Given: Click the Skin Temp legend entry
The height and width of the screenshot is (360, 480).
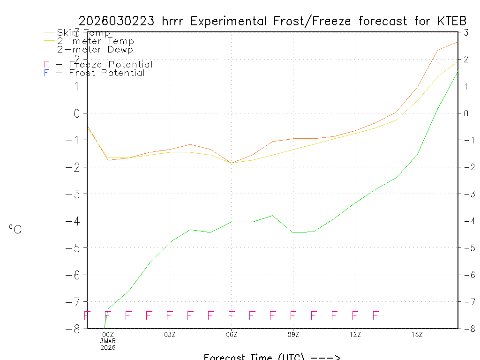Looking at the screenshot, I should [83, 33].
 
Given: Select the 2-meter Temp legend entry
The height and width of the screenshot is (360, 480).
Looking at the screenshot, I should [95, 41].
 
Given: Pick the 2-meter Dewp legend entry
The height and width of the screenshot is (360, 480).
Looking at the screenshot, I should [95, 50].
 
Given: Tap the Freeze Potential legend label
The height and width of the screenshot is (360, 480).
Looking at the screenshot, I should [111, 65].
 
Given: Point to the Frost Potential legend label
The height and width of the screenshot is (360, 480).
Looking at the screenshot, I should [107, 73].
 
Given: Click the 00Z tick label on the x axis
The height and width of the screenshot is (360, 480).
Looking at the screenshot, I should [108, 334].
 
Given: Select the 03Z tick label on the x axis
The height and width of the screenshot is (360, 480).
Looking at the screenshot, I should [170, 334].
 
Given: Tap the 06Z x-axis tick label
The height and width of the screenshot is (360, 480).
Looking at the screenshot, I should [231, 334].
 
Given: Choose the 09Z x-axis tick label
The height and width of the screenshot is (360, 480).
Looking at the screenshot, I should [293, 334].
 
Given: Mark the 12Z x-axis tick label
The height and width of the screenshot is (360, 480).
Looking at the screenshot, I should [355, 334].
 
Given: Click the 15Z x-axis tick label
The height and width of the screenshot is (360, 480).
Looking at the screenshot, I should [417, 334].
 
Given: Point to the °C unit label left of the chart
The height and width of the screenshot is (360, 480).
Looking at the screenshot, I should [15, 229].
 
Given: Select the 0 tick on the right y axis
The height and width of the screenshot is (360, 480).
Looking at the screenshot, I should [466, 113].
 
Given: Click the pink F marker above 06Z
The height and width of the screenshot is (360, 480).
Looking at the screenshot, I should [231, 315].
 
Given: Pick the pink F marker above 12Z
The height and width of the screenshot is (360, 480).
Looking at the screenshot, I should [355, 315].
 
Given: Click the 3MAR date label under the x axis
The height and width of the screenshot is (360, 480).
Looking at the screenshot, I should [108, 341].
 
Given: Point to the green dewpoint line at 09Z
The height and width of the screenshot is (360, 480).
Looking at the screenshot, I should [293, 232].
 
